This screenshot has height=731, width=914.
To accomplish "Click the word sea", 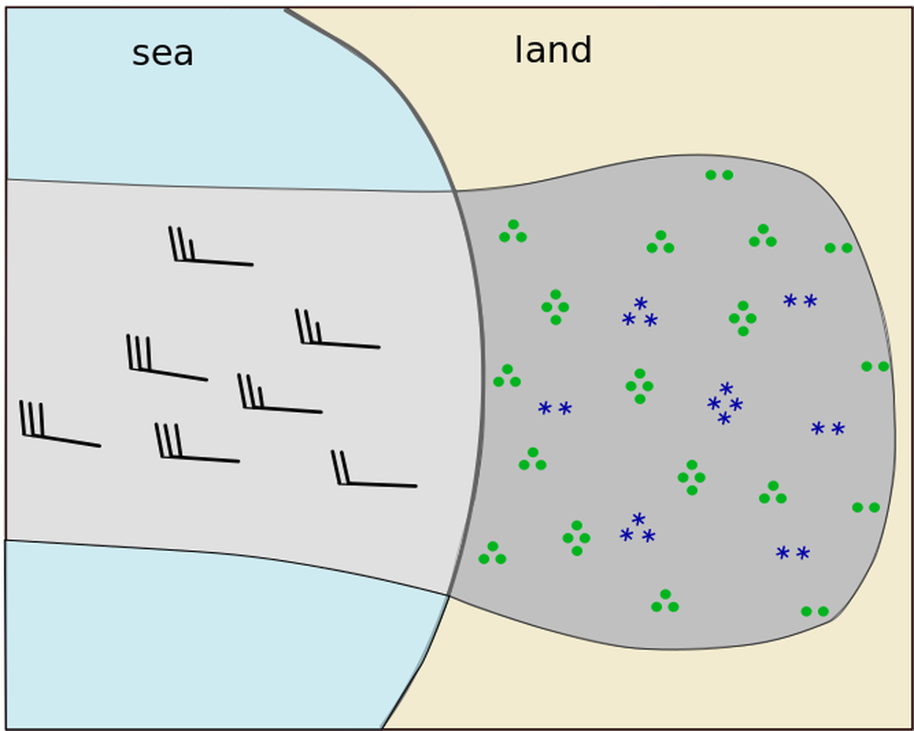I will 163,53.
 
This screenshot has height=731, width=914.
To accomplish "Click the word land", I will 553,50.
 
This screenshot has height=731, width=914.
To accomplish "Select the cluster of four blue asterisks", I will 725,404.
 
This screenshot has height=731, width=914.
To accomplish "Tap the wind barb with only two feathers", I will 373,471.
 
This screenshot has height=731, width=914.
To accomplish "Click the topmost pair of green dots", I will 719,175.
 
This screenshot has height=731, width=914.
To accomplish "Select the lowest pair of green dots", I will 814,611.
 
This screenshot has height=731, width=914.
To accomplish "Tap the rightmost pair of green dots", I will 875,366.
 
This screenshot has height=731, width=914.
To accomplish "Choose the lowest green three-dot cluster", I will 665,602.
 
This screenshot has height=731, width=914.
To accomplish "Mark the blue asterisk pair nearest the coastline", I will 555,408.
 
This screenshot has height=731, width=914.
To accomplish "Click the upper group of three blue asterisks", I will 640,313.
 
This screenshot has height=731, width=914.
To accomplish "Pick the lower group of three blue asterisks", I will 637,530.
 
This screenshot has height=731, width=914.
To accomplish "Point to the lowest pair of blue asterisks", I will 792,553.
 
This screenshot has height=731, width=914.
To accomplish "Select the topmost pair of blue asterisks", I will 800,301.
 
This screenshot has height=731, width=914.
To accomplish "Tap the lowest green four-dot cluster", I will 577,538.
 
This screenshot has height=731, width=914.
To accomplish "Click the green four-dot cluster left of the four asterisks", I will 640,386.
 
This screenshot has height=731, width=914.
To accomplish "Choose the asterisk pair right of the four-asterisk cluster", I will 828,429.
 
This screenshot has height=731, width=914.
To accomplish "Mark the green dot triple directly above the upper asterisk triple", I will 661,243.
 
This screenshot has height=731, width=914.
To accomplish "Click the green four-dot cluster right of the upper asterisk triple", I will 743,318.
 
